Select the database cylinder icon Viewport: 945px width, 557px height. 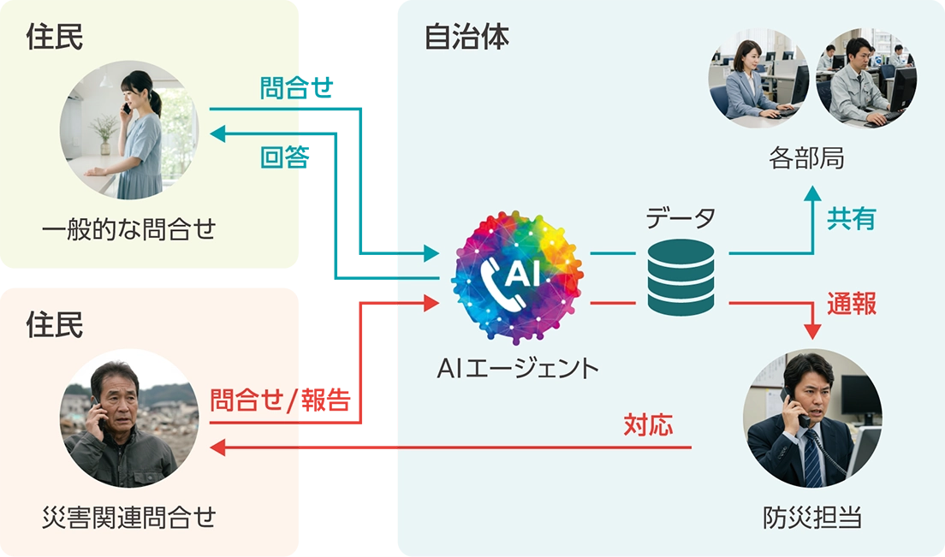tap(681, 277)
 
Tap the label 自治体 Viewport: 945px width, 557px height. tap(467, 39)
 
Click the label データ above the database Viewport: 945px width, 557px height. tap(681, 219)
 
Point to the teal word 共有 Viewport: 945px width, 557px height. tap(851, 219)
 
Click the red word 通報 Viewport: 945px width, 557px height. tap(851, 304)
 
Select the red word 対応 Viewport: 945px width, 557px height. tap(648, 424)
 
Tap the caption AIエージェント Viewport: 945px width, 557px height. tap(517, 368)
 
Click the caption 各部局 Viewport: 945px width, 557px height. tap(806, 159)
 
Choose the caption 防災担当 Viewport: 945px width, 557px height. tap(811, 518)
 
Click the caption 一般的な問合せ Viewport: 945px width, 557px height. tap(128, 229)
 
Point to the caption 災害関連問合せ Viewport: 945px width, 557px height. tap(128, 518)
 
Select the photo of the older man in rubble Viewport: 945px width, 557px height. tap(128, 419)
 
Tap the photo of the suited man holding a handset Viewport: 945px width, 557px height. tap(811, 419)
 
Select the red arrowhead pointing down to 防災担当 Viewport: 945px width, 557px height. tap(811, 332)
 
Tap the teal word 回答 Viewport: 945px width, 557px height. tap(281, 158)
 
